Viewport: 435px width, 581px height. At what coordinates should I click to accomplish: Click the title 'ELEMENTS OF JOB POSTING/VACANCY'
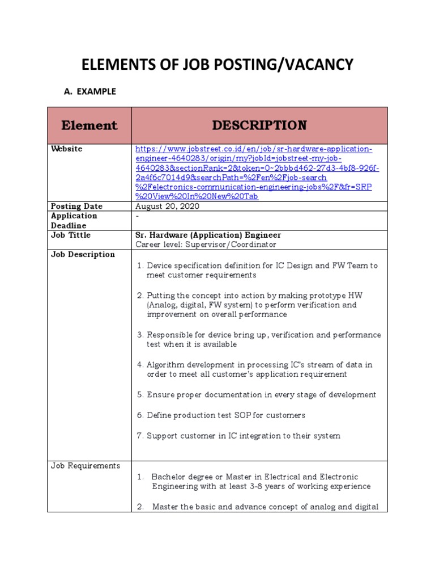(x=217, y=65)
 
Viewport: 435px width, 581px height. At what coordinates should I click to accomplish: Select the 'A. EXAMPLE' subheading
(x=88, y=91)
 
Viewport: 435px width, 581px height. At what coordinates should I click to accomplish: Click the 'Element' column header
(x=89, y=125)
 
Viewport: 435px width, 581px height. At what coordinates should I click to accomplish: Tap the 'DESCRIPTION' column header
(x=259, y=125)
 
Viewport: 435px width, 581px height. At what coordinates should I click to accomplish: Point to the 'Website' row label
(x=66, y=149)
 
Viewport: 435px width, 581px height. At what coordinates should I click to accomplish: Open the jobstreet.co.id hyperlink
(x=254, y=172)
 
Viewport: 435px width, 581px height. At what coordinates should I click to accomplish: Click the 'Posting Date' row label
(x=76, y=206)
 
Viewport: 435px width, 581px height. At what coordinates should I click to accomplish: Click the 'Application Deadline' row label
(x=74, y=220)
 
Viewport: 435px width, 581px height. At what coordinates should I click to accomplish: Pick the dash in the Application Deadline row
(x=137, y=216)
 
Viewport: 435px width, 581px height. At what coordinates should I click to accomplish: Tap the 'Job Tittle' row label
(x=71, y=235)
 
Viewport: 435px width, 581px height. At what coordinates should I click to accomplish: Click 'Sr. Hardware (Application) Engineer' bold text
(x=208, y=235)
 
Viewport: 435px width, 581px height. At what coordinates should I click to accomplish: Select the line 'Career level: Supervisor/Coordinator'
(x=206, y=245)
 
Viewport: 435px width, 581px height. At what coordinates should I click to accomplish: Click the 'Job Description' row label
(x=83, y=254)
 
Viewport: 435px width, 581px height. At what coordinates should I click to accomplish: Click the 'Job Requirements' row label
(x=86, y=466)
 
